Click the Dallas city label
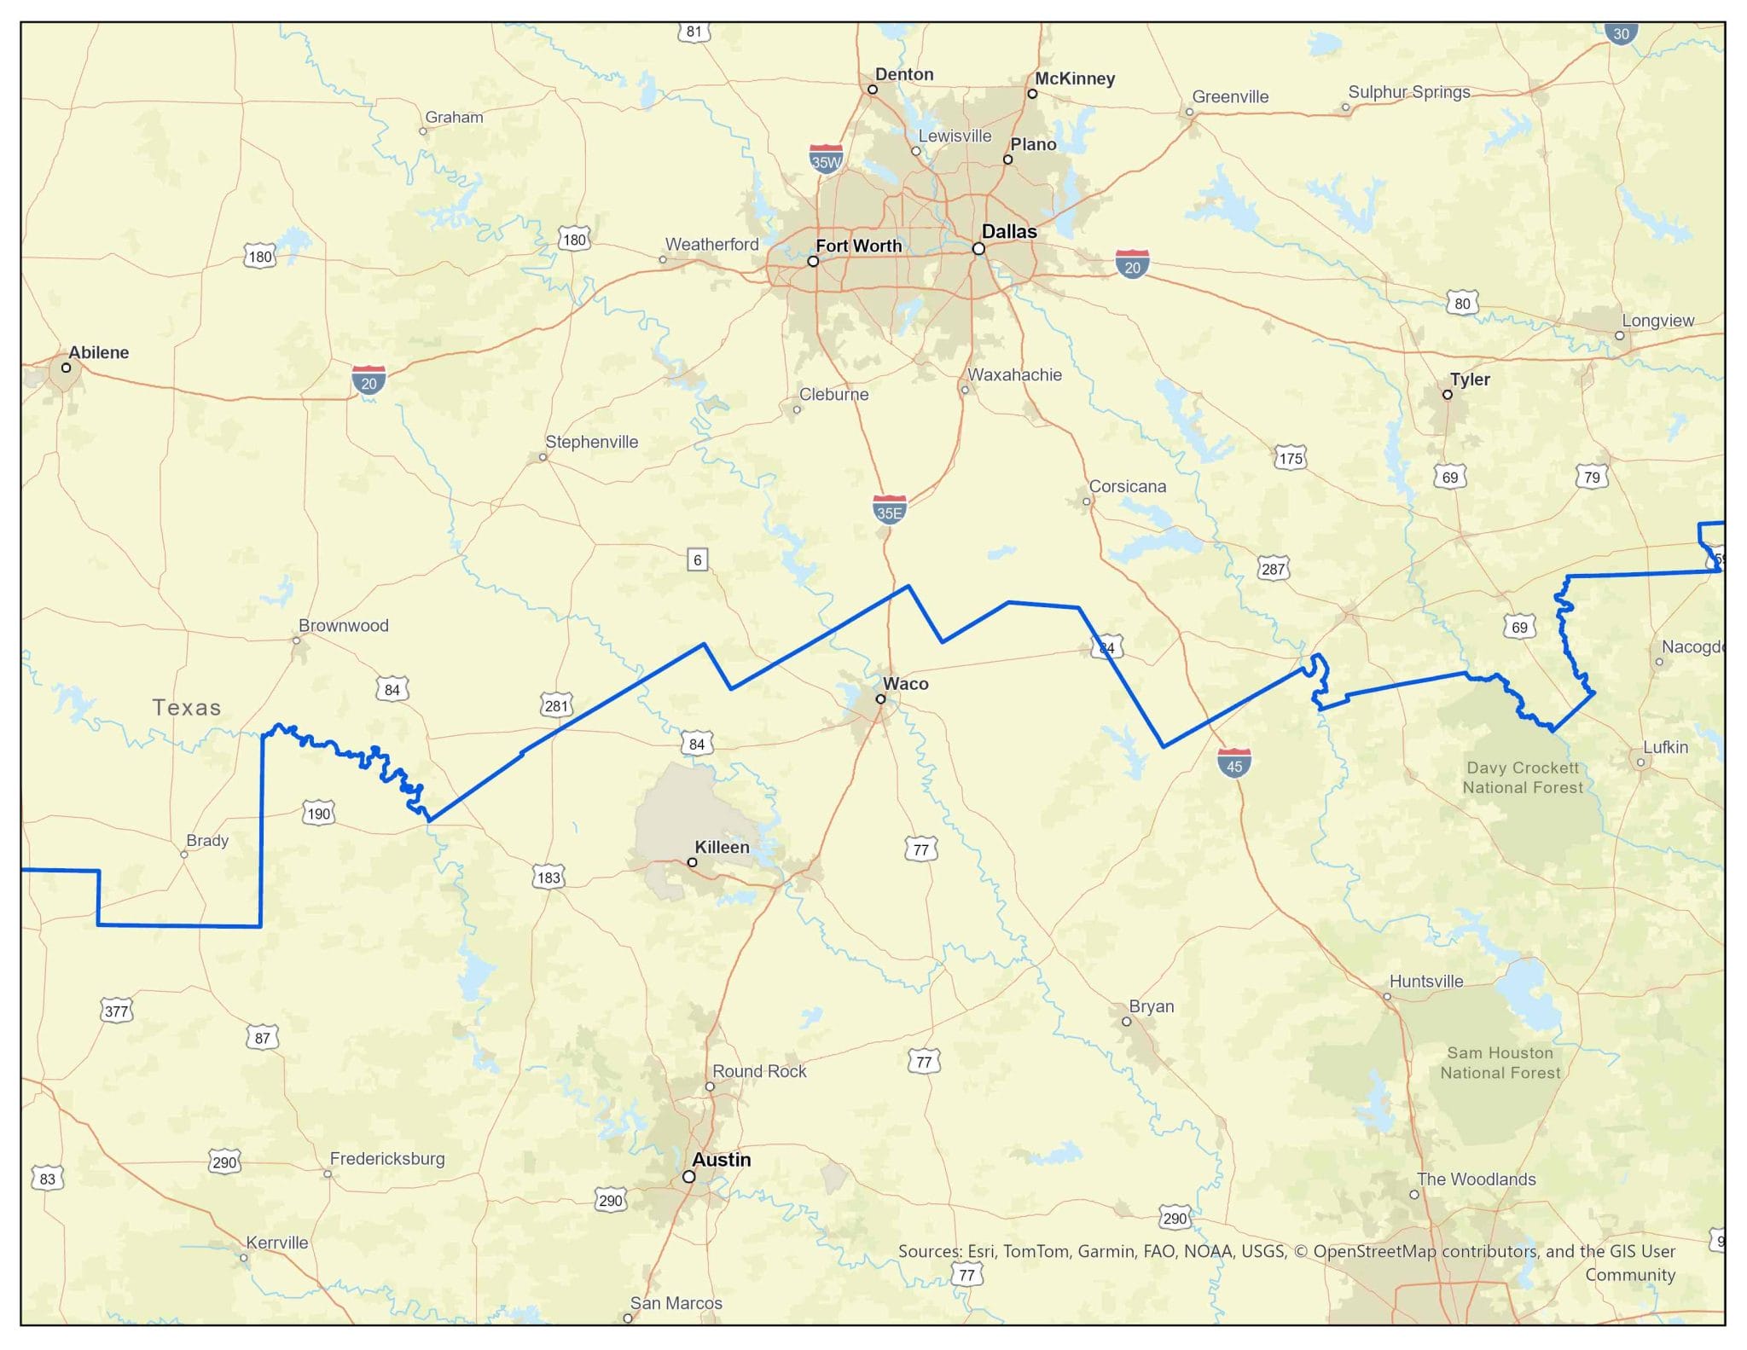[1009, 232]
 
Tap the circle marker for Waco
[880, 699]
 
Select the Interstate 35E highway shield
[889, 509]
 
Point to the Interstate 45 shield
[1233, 762]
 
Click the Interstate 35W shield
[826, 159]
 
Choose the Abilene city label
[99, 352]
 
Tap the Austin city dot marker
[689, 1176]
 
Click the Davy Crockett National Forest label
[1523, 777]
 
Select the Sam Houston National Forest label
[1500, 1063]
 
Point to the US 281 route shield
[556, 705]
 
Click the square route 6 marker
[698, 559]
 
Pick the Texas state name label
[187, 707]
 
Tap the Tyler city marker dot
[1448, 395]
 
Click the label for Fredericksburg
[387, 1158]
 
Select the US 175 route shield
[1291, 458]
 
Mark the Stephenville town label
[591, 442]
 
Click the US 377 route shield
[116, 1011]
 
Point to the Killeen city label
[722, 847]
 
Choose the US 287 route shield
[1273, 568]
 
